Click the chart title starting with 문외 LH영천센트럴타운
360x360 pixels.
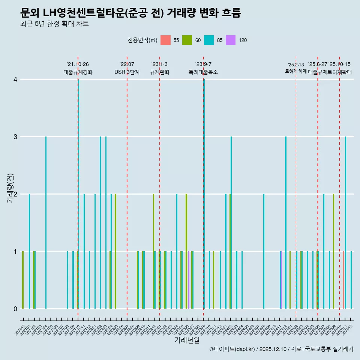(130, 13)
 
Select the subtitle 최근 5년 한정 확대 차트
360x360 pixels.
(54, 24)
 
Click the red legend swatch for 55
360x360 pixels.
(165, 40)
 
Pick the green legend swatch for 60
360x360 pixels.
(187, 40)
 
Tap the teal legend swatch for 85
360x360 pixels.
(209, 40)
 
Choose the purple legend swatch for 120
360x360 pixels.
(231, 40)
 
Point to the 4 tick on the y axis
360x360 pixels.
(15, 79)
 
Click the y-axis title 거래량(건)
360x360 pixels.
(10, 187)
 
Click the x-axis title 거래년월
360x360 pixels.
(187, 340)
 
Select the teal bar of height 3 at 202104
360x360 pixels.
(46, 222)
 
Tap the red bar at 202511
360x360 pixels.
(343, 280)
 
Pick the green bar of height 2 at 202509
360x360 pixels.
(333, 251)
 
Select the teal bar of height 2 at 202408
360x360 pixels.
(264, 251)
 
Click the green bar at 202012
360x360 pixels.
(23, 280)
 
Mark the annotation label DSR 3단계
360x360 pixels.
(127, 72)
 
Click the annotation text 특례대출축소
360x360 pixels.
(203, 72)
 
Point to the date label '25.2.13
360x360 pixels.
(296, 65)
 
